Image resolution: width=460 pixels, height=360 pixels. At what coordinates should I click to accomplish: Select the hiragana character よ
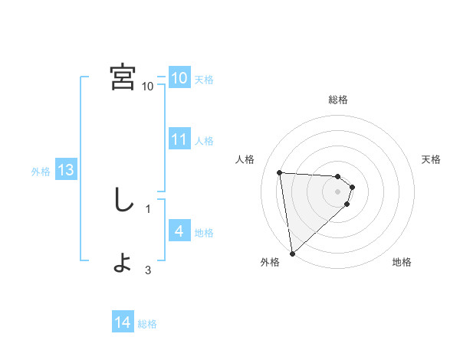click(x=123, y=263)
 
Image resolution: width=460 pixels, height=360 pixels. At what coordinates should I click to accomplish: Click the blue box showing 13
click(x=66, y=170)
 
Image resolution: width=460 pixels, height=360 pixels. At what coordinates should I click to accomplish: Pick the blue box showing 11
click(x=179, y=139)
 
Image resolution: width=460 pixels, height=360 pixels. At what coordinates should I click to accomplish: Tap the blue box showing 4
click(x=179, y=231)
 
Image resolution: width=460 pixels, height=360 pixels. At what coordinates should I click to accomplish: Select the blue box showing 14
click(x=123, y=323)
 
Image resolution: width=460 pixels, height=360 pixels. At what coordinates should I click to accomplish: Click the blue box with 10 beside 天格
click(x=179, y=78)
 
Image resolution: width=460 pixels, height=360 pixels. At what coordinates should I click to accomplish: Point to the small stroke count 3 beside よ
click(x=148, y=270)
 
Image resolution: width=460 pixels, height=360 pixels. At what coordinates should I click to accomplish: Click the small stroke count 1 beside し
click(x=148, y=208)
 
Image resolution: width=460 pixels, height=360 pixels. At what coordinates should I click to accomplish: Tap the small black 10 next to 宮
click(x=147, y=86)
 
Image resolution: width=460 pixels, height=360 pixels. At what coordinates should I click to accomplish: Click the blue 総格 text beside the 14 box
click(x=147, y=324)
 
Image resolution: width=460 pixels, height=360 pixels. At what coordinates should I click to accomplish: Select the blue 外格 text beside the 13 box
click(x=41, y=172)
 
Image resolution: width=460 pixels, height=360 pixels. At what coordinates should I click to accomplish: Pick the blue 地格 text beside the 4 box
click(x=204, y=233)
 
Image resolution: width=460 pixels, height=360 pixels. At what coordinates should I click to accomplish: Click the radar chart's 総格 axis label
click(x=338, y=100)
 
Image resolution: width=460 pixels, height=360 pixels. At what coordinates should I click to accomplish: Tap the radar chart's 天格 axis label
click(x=432, y=159)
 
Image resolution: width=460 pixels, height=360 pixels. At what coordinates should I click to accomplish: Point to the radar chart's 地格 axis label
click(x=402, y=262)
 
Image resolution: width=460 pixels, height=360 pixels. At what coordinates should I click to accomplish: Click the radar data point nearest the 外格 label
click(x=292, y=253)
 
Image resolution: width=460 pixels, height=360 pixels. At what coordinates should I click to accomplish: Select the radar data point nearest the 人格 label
click(x=280, y=172)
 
